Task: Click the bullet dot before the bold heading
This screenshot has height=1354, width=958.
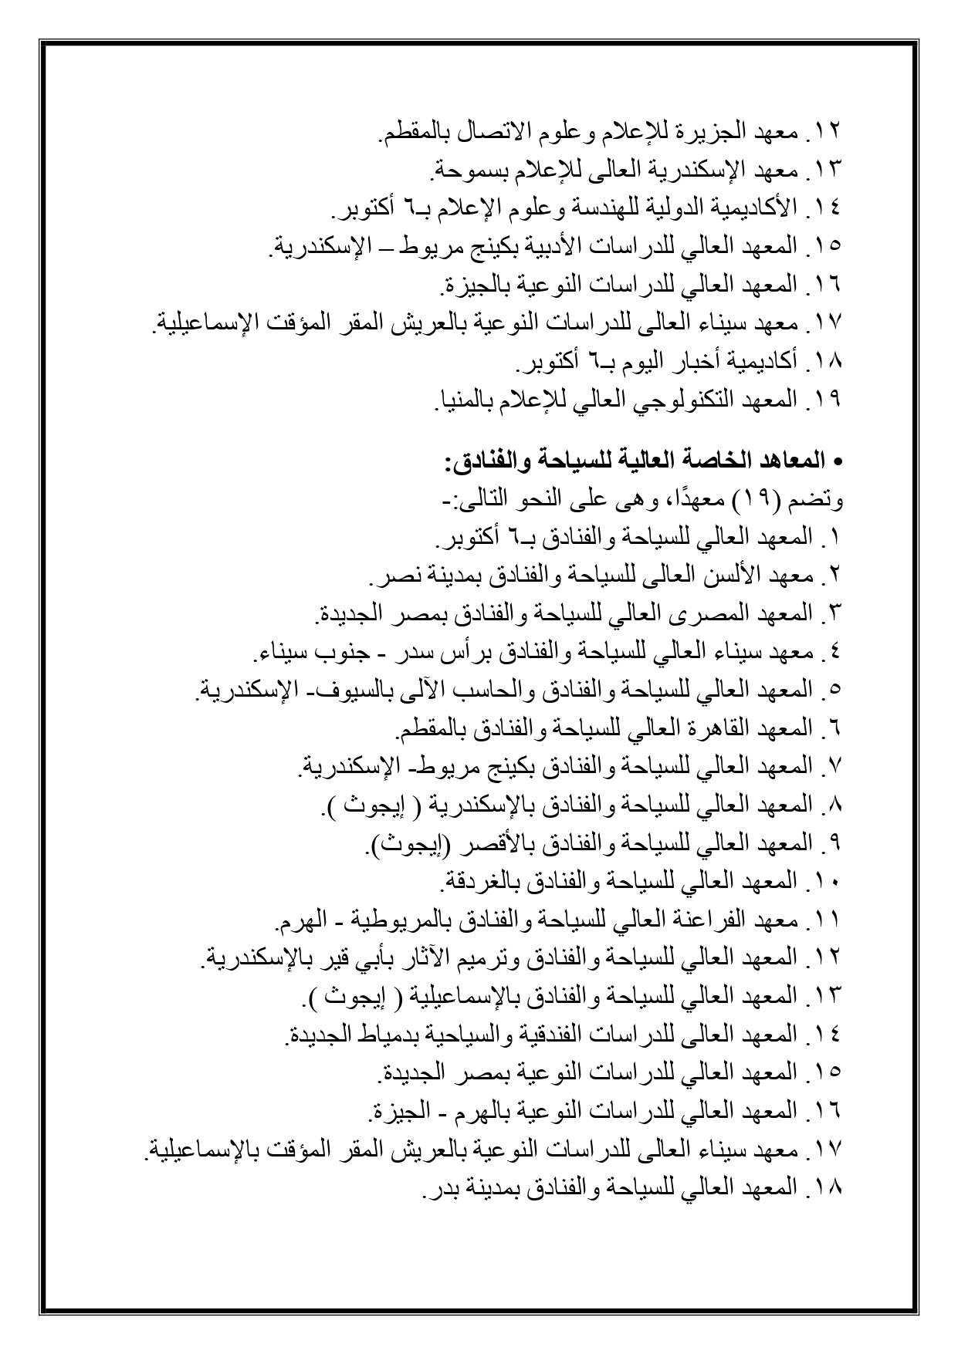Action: click(841, 464)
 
